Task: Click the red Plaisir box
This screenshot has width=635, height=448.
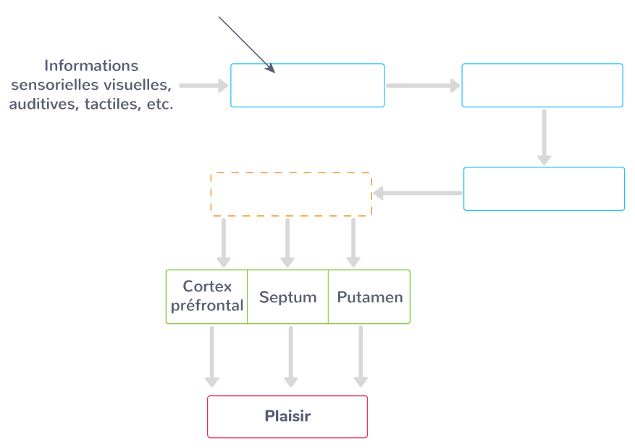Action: click(287, 417)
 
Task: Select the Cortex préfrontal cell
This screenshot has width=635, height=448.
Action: click(207, 296)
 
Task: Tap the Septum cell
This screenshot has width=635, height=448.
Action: click(288, 296)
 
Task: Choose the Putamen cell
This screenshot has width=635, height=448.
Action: click(369, 296)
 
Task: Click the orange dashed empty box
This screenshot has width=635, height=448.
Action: click(290, 194)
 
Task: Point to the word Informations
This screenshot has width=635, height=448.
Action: click(91, 66)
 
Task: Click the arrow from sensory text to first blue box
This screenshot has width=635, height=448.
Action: click(203, 86)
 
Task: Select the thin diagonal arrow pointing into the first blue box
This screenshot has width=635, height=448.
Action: click(247, 44)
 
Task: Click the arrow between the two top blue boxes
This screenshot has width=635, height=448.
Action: click(423, 86)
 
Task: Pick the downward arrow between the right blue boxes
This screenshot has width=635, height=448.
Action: click(544, 137)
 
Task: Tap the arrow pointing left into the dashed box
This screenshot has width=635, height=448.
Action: click(417, 193)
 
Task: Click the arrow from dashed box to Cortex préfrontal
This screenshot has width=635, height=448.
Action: click(224, 242)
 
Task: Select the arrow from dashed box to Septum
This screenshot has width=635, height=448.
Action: click(287, 242)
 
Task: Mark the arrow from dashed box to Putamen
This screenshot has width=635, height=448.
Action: click(353, 242)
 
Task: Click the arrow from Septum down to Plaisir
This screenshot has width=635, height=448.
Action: click(290, 356)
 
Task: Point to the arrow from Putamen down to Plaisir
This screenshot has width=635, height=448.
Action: click(360, 356)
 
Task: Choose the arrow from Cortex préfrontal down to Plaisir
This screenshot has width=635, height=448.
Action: click(211, 356)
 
